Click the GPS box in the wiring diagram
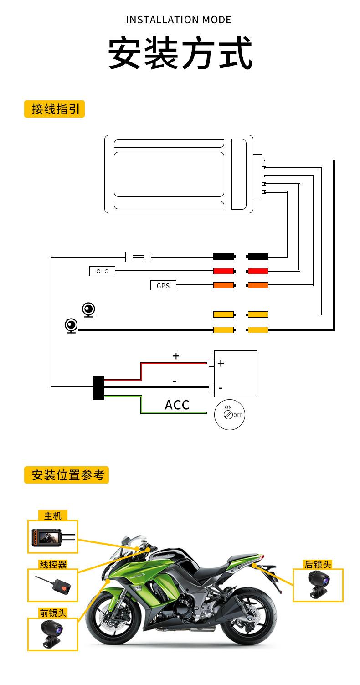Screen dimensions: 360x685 click(163, 285)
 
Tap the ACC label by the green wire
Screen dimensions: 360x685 click(177, 405)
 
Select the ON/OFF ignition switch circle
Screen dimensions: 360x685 click(229, 415)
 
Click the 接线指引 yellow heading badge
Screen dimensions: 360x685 click(54, 109)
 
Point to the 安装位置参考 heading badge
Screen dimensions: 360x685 click(67, 475)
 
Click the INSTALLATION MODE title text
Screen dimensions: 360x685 click(178, 20)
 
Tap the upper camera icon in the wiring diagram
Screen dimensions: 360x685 click(89, 310)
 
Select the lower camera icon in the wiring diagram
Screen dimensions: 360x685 click(71, 326)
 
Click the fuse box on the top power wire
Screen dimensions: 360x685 click(138, 257)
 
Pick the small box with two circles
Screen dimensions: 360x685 click(102, 271)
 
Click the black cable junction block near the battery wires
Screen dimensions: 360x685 click(98, 388)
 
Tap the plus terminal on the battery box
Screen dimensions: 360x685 click(211, 364)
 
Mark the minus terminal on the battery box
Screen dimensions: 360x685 click(211, 388)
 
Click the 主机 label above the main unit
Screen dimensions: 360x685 click(52, 516)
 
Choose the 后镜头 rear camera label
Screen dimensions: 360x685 click(318, 564)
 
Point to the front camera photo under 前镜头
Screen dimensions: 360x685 click(52, 634)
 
